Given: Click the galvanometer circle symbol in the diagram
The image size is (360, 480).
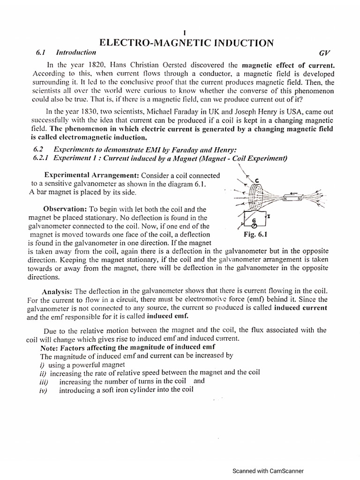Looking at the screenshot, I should (254, 225).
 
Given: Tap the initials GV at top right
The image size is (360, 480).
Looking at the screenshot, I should (325, 53).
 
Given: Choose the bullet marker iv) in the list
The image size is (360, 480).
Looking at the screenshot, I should (44, 390).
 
